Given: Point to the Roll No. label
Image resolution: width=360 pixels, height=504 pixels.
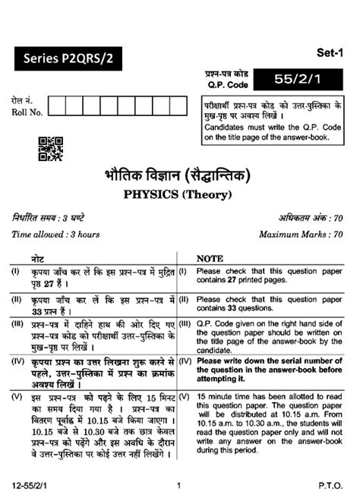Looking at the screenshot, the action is click(x=24, y=112).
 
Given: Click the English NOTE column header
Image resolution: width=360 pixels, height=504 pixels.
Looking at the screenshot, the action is click(x=210, y=259).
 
